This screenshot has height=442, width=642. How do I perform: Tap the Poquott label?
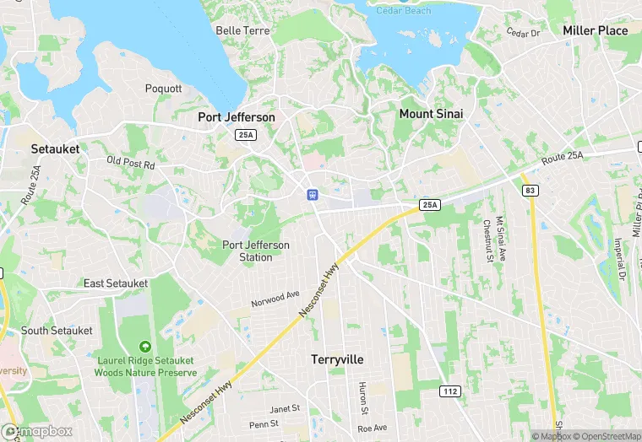163,89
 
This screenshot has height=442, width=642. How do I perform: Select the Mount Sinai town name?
431,113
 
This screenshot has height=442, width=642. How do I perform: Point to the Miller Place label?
596,30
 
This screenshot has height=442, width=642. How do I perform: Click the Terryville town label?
337,359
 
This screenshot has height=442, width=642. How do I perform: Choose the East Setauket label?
116,283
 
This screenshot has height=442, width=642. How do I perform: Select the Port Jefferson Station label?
256,251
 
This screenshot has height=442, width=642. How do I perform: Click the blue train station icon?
312,194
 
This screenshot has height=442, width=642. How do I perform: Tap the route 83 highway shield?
530,191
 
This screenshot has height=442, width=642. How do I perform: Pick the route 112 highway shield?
450,391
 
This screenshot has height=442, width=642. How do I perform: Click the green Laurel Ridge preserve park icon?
146,346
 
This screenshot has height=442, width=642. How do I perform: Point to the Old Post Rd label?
130,163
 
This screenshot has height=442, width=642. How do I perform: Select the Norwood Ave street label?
275,299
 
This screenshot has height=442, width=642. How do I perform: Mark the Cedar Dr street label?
523,33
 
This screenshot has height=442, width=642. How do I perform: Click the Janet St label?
285,408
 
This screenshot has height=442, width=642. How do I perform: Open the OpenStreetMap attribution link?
607,436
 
